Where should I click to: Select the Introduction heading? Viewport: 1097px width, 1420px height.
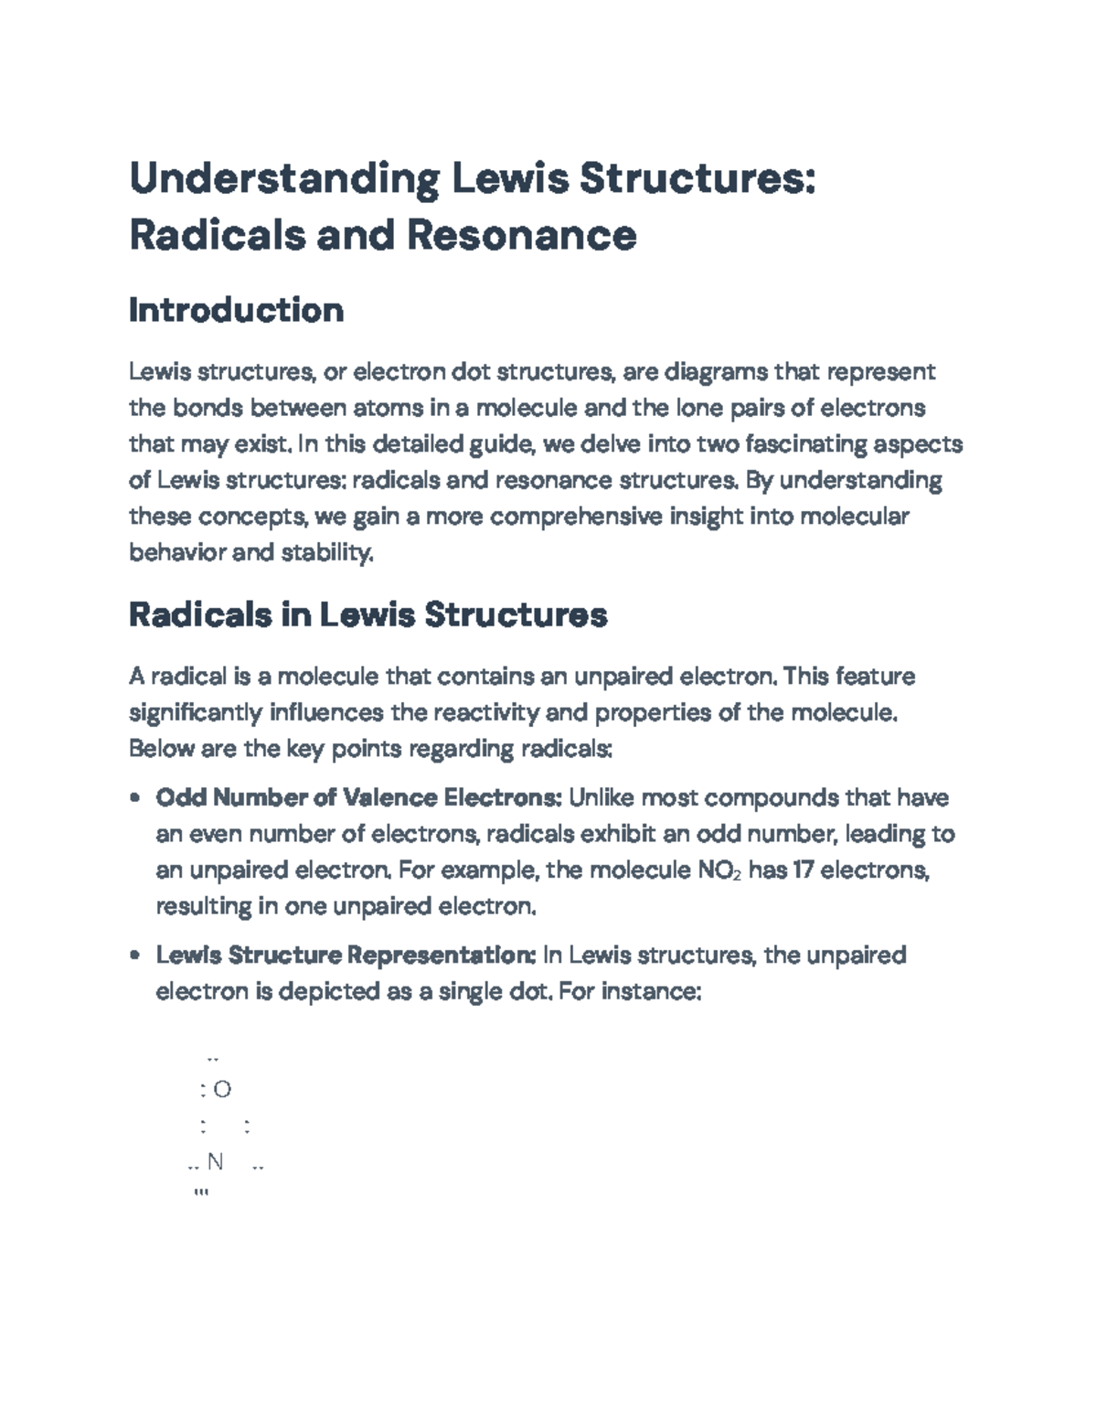tap(236, 310)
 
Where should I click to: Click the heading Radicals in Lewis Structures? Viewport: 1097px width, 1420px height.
tap(367, 614)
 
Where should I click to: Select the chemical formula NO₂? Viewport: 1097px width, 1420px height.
tap(719, 870)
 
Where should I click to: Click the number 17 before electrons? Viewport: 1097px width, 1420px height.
tap(803, 870)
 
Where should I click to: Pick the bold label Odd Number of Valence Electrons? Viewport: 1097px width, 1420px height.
tap(358, 798)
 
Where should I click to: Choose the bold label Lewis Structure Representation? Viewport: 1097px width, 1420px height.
tap(346, 956)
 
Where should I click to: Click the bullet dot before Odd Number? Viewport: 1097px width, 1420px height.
tap(135, 798)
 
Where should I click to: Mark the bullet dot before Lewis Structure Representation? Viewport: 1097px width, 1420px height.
tap(135, 956)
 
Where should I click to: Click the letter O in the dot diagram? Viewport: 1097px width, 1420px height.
tap(222, 1089)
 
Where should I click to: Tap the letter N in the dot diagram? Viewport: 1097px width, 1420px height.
tap(216, 1161)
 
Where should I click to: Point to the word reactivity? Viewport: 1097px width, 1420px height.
tap(476, 712)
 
